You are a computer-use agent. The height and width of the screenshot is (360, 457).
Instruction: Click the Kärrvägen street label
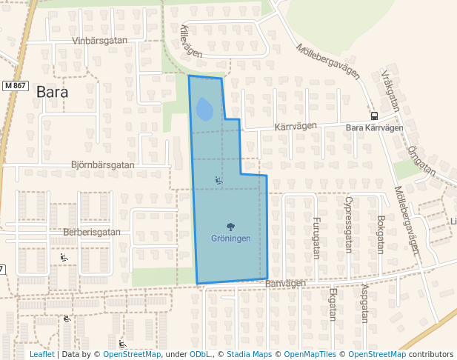[296, 127]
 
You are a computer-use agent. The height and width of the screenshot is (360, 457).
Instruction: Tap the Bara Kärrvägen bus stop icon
[374, 116]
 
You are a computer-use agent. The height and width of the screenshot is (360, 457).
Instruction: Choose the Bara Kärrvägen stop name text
[374, 127]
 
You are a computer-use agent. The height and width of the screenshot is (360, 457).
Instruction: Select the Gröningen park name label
[230, 239]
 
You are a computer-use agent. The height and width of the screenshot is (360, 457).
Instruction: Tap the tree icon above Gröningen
[230, 227]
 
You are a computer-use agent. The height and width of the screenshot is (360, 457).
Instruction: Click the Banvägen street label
[285, 283]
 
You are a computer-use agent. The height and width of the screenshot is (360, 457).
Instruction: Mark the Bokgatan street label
[381, 234]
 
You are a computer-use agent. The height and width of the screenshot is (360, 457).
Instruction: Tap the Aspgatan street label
[364, 304]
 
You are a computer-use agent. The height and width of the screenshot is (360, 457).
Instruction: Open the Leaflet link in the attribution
[41, 354]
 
